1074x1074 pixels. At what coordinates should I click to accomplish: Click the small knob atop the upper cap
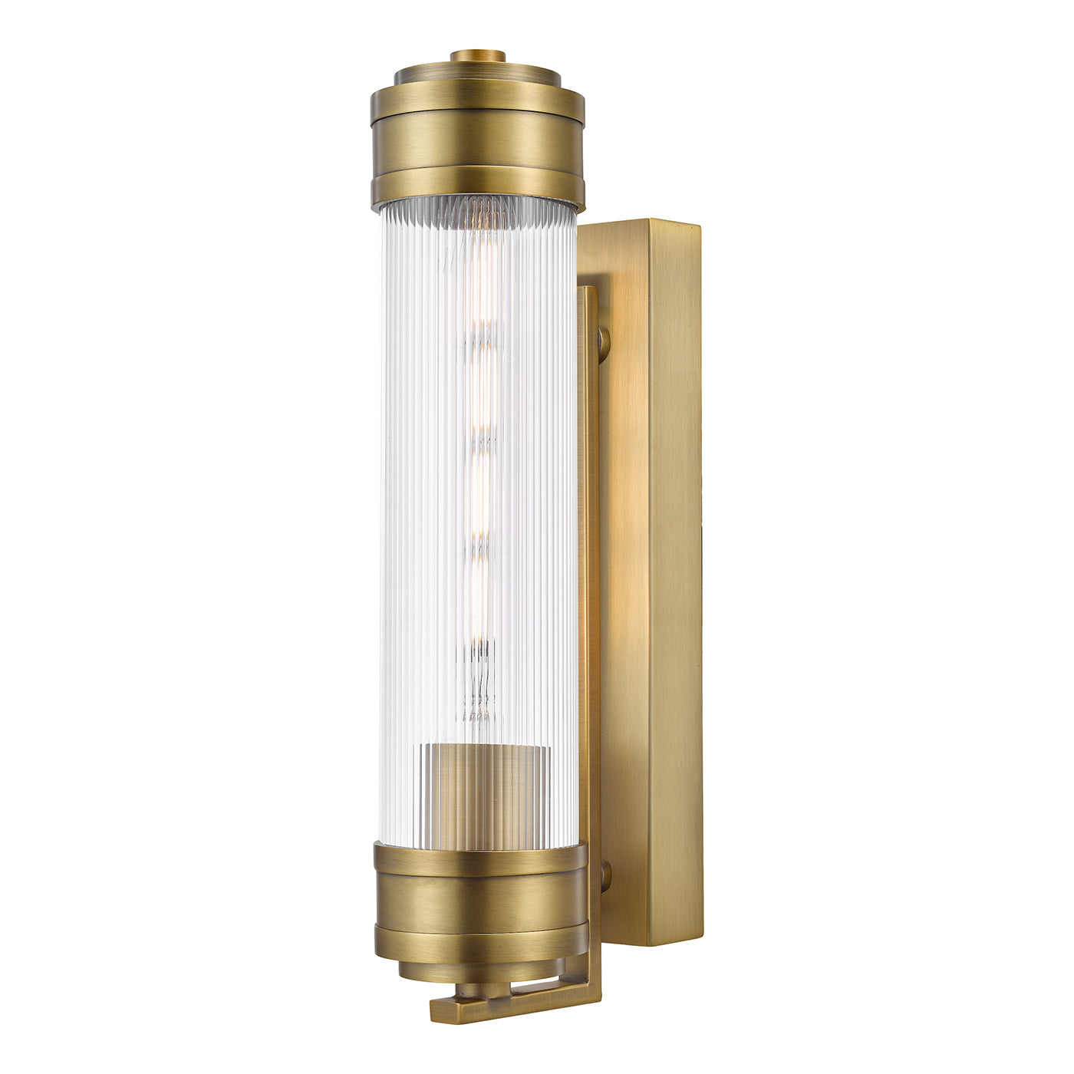point(477,56)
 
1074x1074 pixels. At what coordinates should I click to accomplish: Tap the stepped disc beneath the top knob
point(477,75)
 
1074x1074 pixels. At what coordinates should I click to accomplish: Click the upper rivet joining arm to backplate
point(604,340)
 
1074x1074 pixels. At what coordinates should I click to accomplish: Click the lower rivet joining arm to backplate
point(605,875)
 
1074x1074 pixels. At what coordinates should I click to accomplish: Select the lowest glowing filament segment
point(479,606)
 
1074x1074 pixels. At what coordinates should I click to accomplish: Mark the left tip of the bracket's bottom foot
point(436,1010)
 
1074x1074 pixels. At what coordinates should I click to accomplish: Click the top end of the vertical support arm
point(587,292)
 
